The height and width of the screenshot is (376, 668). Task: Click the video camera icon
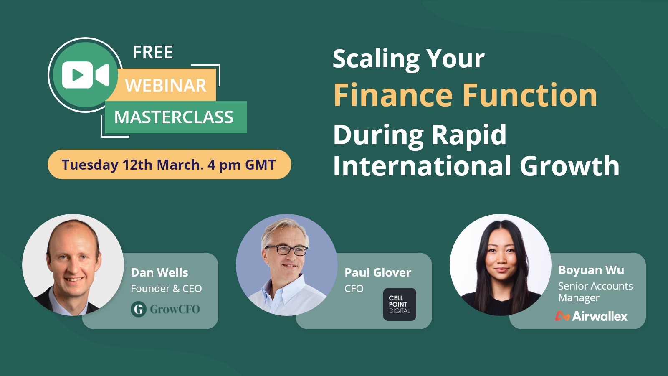[86, 75]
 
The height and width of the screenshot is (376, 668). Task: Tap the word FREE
[153, 53]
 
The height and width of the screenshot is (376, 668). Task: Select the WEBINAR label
[166, 86]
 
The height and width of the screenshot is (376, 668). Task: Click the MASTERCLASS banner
[174, 117]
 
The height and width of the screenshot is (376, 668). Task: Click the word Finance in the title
[393, 95]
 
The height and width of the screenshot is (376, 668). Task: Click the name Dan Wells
[159, 272]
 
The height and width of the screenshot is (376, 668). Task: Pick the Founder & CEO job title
[166, 288]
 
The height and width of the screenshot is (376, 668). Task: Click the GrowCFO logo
[165, 309]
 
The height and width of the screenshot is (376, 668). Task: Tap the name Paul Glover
[378, 272]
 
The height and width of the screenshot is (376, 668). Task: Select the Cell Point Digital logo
[400, 304]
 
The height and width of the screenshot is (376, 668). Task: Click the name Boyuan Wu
[591, 270]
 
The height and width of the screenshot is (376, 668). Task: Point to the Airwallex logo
[591, 316]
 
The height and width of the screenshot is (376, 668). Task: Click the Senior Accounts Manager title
[595, 292]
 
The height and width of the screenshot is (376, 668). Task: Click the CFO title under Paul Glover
[354, 288]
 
